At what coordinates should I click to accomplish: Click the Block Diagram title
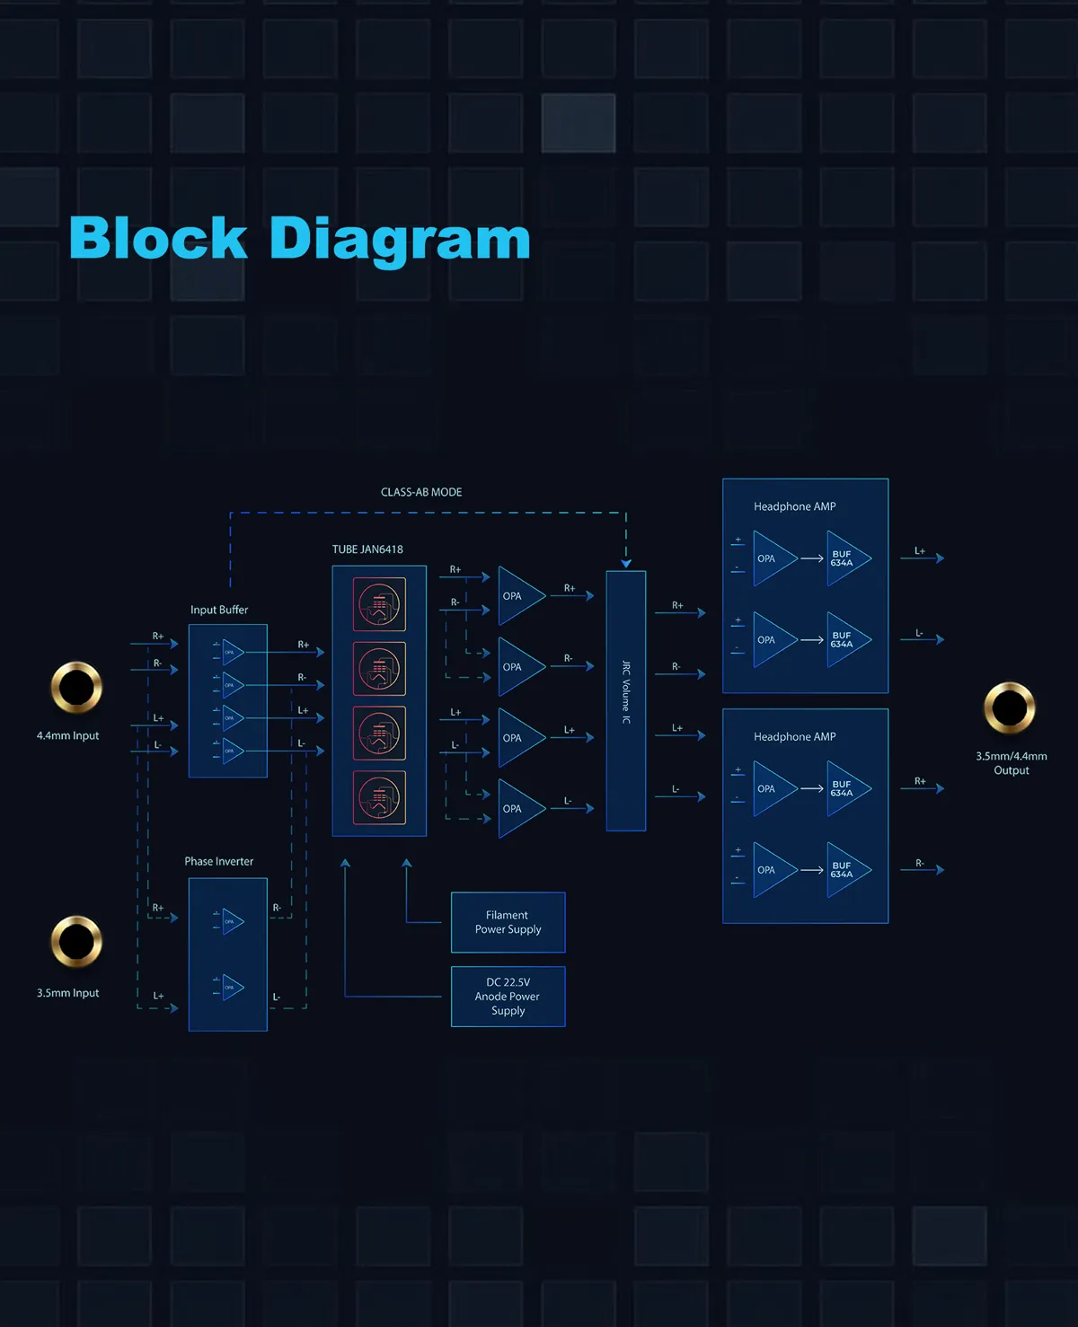(299, 239)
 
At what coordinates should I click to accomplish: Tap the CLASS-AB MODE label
(421, 492)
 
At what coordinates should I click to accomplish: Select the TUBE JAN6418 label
(367, 549)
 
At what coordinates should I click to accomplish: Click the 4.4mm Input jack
(76, 688)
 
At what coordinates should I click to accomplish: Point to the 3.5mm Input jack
(76, 941)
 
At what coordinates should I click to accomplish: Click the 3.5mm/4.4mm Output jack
(1010, 707)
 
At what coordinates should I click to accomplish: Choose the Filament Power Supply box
(508, 922)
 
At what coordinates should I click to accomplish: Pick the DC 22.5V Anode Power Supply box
(508, 996)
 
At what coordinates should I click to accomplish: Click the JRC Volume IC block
(626, 700)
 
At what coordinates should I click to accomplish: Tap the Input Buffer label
(219, 610)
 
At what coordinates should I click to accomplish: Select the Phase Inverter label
(219, 861)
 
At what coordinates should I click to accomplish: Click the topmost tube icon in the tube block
(379, 604)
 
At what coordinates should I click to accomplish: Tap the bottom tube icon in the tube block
(379, 797)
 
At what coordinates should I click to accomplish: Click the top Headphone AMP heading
(795, 506)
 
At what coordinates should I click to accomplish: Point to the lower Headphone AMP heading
(795, 736)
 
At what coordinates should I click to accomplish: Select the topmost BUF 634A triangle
(845, 558)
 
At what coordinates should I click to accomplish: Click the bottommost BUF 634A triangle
(845, 870)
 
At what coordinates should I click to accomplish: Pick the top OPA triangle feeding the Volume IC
(518, 596)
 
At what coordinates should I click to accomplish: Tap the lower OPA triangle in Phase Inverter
(232, 987)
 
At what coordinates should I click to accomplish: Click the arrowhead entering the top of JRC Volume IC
(626, 564)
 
